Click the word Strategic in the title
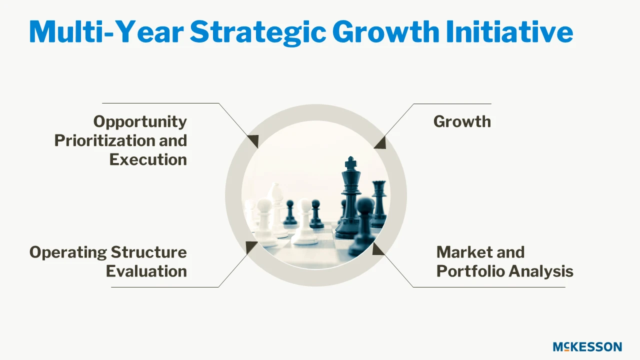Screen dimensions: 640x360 (257, 32)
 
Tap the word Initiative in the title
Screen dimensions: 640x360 (509, 31)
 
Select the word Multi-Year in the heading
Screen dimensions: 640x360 (106, 31)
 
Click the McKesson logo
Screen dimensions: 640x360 (587, 346)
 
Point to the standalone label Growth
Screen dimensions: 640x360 (462, 121)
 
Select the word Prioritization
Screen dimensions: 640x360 (105, 140)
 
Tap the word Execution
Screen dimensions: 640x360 (148, 159)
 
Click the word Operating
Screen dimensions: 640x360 (68, 253)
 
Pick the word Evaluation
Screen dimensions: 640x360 (146, 271)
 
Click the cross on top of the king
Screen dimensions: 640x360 (350, 162)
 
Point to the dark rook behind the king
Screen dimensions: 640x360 (379, 203)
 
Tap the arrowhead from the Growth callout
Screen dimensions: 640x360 (380, 142)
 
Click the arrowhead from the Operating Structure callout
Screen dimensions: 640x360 (251, 247)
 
